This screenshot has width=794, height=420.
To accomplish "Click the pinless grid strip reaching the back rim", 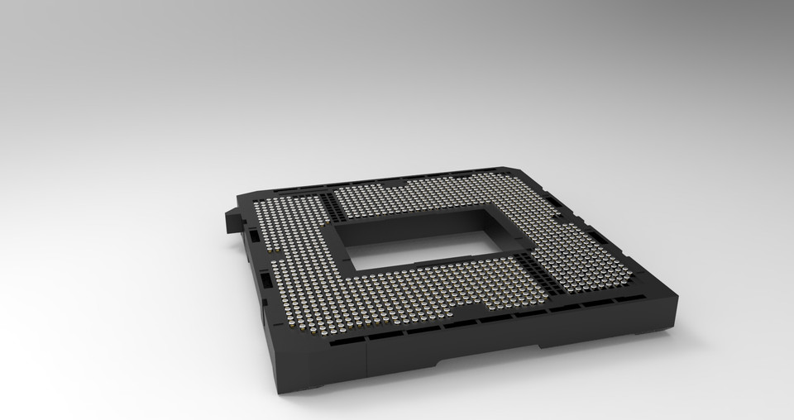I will [x=318, y=198].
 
